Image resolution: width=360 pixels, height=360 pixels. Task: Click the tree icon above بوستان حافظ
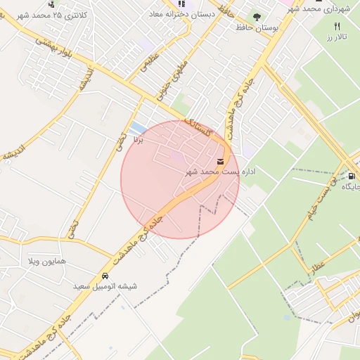coord(256,16)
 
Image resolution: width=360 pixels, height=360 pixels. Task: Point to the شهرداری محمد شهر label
coord(323,8)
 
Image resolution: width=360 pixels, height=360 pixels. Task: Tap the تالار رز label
coord(337,36)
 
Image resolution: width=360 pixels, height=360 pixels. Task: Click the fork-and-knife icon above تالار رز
coord(337,26)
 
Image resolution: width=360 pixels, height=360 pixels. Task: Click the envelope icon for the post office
coord(221,162)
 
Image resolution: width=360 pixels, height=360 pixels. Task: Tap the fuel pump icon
coord(352,176)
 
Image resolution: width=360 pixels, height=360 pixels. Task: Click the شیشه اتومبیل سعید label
coord(105,286)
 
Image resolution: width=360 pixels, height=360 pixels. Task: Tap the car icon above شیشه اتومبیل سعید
coord(105,276)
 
